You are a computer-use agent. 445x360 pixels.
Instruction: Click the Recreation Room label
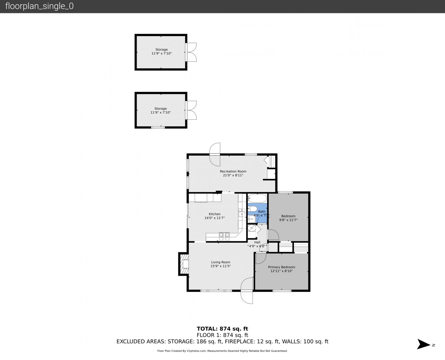click(x=233, y=171)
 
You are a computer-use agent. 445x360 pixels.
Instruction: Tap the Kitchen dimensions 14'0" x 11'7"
click(x=215, y=218)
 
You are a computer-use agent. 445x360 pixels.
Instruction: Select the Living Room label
click(x=220, y=262)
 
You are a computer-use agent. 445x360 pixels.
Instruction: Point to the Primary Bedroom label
click(x=281, y=267)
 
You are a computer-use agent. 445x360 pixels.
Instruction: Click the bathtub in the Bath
click(x=257, y=198)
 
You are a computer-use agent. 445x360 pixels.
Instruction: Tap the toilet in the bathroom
click(x=252, y=209)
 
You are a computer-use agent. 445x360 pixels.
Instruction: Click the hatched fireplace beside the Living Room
click(x=184, y=264)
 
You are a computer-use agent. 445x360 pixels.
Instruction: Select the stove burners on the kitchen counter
click(x=224, y=237)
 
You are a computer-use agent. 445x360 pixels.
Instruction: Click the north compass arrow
click(x=424, y=344)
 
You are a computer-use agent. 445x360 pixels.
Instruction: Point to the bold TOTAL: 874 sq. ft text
click(x=222, y=329)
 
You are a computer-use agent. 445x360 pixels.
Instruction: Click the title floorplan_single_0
click(x=39, y=6)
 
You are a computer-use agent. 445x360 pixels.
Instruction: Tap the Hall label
click(x=257, y=242)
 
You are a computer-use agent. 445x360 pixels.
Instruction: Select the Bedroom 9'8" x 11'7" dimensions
click(x=288, y=220)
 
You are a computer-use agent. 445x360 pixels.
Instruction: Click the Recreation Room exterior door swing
click(x=215, y=155)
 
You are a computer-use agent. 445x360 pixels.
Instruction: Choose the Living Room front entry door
click(x=247, y=290)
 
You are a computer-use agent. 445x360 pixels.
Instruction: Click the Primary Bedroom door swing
click(x=261, y=258)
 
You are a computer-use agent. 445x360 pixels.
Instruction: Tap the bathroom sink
click(x=252, y=219)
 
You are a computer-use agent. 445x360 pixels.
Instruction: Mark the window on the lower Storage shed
click(x=158, y=127)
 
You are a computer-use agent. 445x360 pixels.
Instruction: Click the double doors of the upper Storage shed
click(x=191, y=52)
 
